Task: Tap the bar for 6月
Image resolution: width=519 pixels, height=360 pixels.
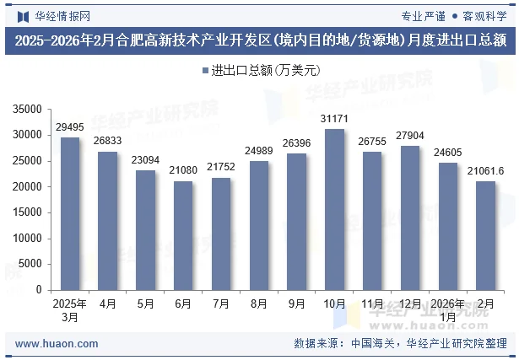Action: (183, 235)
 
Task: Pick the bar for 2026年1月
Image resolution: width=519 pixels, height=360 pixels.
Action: (447, 226)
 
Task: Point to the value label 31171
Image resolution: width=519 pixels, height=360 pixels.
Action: (334, 119)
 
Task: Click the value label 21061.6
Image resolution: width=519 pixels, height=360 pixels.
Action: (485, 171)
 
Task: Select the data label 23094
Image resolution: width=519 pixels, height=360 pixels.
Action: (145, 160)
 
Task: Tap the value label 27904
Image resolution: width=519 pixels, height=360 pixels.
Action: (410, 136)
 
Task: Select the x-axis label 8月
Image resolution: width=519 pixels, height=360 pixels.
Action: (259, 303)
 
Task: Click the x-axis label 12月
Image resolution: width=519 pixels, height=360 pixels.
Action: (410, 303)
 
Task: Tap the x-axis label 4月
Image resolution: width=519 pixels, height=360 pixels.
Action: (108, 303)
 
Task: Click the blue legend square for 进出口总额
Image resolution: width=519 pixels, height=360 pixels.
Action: (206, 71)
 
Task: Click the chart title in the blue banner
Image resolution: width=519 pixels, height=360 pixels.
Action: (259, 39)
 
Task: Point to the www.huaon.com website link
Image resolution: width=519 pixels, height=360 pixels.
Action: (57, 344)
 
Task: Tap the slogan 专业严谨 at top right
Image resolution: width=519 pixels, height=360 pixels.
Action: (424, 15)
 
